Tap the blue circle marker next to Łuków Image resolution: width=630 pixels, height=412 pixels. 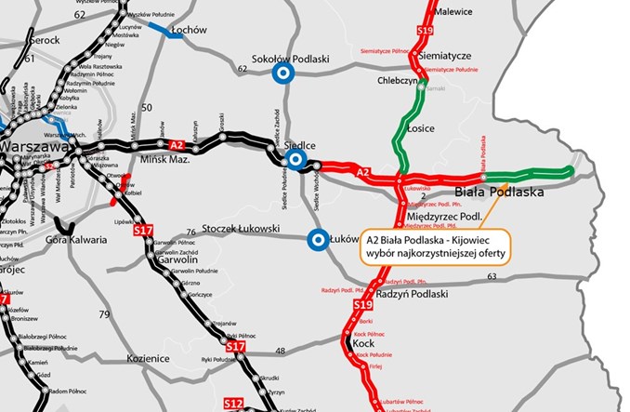point(318,239)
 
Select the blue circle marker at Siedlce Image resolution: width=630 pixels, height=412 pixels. point(295,161)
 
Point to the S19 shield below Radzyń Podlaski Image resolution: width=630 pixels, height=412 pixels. point(362,305)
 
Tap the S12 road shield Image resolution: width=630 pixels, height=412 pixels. point(232,403)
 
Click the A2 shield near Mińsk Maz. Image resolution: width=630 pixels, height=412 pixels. point(177,144)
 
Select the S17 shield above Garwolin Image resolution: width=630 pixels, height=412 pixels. point(143,230)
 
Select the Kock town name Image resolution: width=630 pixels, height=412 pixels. point(364,342)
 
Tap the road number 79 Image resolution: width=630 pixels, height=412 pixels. point(104,314)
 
